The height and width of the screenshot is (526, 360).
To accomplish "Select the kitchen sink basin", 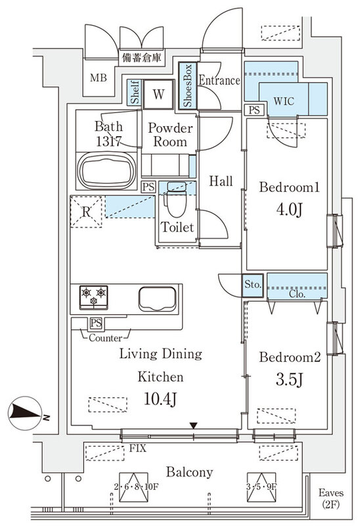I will click(156, 298).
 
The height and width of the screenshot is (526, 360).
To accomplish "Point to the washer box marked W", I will click(158, 93).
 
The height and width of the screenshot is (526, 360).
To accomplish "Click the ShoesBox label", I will click(187, 85).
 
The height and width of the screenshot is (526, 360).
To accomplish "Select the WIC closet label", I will click(284, 102).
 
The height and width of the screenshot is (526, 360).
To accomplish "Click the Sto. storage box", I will click(254, 285).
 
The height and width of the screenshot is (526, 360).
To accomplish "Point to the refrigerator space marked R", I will click(85, 212).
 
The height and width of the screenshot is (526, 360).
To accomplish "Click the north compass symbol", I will click(27, 415).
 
